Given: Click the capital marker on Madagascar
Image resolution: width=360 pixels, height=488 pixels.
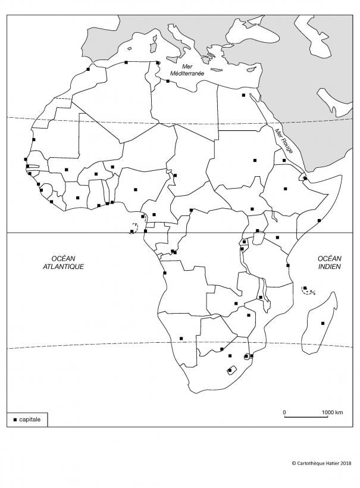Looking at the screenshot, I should pos(323,323).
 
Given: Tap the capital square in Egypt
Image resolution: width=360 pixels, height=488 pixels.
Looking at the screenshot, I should pos(243,95).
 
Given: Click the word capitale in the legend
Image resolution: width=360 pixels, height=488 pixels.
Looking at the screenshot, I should pos(30,420).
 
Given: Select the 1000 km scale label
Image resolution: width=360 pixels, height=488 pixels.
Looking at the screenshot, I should pos(332,412).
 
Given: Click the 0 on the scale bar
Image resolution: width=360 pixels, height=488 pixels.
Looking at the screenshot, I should pos(284,412).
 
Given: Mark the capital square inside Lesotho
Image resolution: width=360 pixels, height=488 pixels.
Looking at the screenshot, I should pos(230,371).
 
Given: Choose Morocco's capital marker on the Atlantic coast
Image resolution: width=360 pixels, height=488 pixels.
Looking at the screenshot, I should pos(88,70).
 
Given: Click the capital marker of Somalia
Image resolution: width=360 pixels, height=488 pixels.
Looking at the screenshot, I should pos(320,221).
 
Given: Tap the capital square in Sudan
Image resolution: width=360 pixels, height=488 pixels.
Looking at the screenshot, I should pos(254,160).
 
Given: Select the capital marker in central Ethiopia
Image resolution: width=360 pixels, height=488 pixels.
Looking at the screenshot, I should pos(286,189).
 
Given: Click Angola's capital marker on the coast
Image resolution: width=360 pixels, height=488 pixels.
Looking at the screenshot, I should pos(165,273).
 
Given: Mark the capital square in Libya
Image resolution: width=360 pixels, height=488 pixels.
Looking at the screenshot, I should pos(168,82).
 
